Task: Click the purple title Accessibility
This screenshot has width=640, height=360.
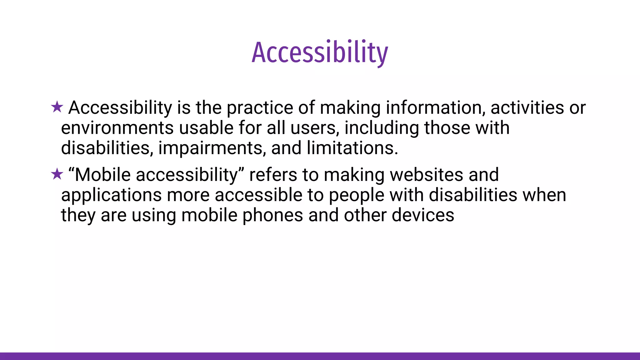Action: coord(320,52)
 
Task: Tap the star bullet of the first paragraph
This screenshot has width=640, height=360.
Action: coord(57,107)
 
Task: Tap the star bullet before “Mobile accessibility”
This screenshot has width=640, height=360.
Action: coord(57,174)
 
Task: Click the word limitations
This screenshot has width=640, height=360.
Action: coord(352,148)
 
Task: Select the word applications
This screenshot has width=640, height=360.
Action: coord(111,195)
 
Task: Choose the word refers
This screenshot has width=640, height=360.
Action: coord(273,175)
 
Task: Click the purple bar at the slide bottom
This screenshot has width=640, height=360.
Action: coord(320,356)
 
